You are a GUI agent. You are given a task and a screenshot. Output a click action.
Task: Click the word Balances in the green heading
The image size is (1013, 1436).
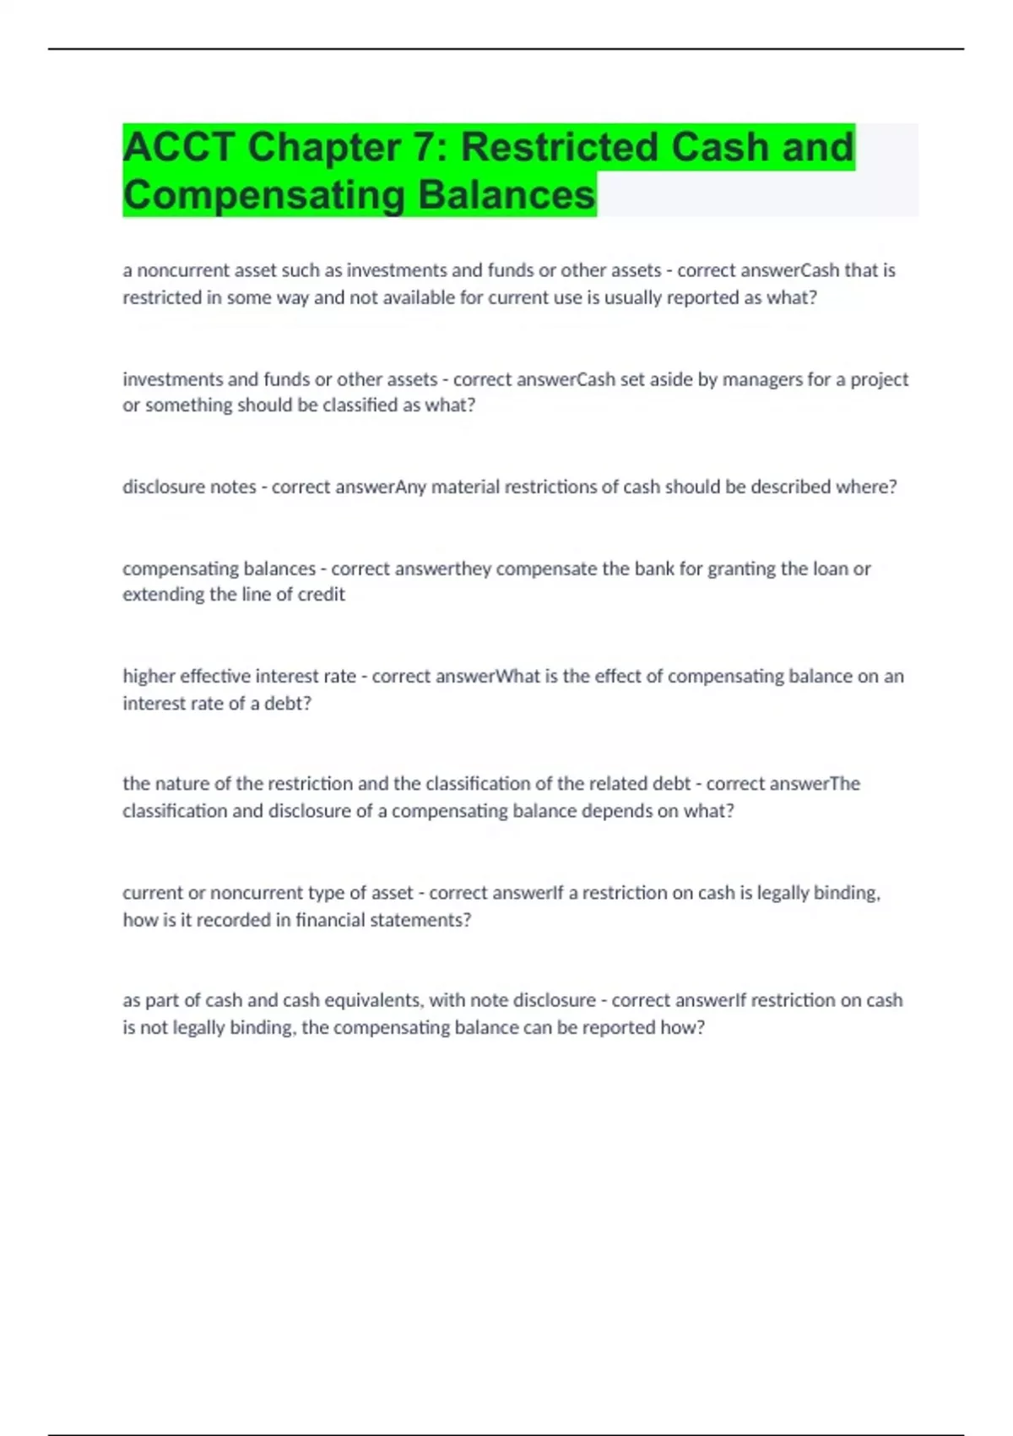[506, 195]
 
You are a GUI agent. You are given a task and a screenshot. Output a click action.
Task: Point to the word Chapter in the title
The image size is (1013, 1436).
[324, 147]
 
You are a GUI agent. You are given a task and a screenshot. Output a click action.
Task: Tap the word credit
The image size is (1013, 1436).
[321, 594]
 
